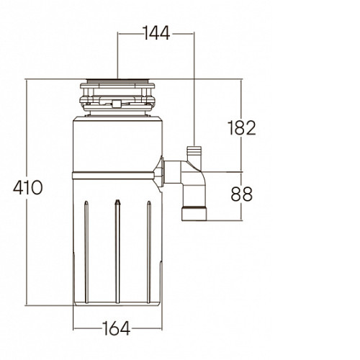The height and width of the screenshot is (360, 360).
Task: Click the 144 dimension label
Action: (x=157, y=33)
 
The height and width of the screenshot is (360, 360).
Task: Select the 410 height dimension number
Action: (x=28, y=187)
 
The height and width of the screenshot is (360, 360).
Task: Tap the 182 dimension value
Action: (x=241, y=128)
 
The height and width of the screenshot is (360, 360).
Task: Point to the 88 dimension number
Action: (x=241, y=194)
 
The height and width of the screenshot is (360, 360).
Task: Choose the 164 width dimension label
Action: (x=117, y=328)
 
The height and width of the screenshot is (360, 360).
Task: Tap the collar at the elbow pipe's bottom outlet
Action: (x=194, y=214)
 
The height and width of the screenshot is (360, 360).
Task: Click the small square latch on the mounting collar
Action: (x=117, y=104)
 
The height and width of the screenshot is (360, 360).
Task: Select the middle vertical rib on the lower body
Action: (x=117, y=251)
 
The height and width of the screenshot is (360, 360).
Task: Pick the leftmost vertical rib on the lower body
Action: (x=86, y=252)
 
